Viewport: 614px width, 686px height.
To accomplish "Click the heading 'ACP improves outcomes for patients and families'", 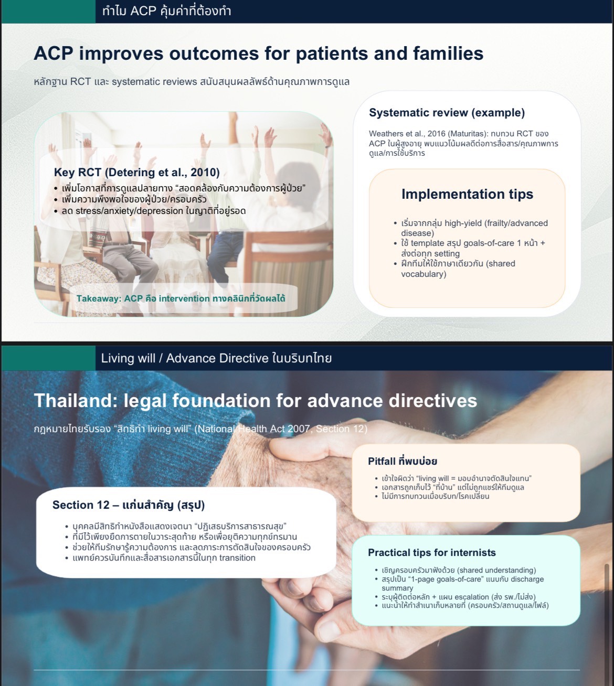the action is (x=259, y=54).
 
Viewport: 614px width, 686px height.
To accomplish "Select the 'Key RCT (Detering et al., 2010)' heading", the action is (x=137, y=173).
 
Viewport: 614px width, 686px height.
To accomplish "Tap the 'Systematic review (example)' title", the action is (x=447, y=112).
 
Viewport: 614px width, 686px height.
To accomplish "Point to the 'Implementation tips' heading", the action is (x=467, y=194).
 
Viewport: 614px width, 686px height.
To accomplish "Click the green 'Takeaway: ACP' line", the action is (x=181, y=298).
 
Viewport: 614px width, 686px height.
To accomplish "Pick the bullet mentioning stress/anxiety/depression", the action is (x=150, y=211).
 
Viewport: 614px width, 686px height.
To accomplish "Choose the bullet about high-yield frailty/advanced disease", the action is (x=471, y=228).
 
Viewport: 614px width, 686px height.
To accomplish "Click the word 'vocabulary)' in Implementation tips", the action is (x=424, y=274).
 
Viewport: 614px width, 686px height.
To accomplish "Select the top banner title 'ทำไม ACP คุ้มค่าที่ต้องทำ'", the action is (x=167, y=11).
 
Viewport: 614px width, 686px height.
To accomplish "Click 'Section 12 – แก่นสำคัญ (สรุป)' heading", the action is (x=129, y=505).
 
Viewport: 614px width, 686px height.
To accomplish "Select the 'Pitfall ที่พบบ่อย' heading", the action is (x=403, y=461).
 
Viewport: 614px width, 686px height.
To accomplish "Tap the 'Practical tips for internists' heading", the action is (x=432, y=553).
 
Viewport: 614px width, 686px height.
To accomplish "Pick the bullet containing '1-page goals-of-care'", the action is (x=460, y=583).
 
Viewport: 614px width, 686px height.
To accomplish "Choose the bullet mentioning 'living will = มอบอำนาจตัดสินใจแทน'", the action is (x=453, y=478).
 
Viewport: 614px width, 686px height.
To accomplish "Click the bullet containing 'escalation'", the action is (x=456, y=597).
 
